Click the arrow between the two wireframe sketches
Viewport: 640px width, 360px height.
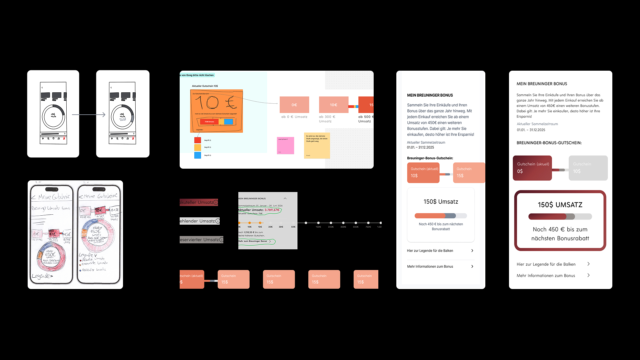pyautogui.click(x=89, y=115)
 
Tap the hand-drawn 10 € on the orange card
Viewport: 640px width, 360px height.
pyautogui.click(x=216, y=102)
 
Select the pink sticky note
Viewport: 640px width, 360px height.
pyautogui.click(x=285, y=146)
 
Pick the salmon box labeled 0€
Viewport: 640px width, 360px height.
pyautogui.click(x=294, y=105)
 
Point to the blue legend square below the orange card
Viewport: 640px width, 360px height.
pyautogui.click(x=198, y=155)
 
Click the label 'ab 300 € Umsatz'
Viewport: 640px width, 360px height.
pyautogui.click(x=327, y=119)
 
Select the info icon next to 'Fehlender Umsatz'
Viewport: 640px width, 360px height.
pyautogui.click(x=218, y=221)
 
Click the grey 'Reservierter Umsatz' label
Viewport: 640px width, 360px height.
pyautogui.click(x=200, y=240)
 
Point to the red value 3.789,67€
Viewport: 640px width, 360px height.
pyautogui.click(x=272, y=210)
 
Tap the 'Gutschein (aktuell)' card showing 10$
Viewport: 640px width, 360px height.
pyautogui.click(x=423, y=173)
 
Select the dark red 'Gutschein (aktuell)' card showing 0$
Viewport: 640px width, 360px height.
pyautogui.click(x=532, y=168)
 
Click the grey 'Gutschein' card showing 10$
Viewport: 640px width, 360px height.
pyautogui.click(x=588, y=168)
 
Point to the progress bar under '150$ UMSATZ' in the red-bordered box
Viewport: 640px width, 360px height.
pyautogui.click(x=560, y=217)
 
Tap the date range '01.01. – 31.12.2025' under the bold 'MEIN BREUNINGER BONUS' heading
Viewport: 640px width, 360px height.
pyautogui.click(x=420, y=147)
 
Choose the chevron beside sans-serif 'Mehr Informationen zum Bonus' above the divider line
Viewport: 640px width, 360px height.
pyautogui.click(x=472, y=266)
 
